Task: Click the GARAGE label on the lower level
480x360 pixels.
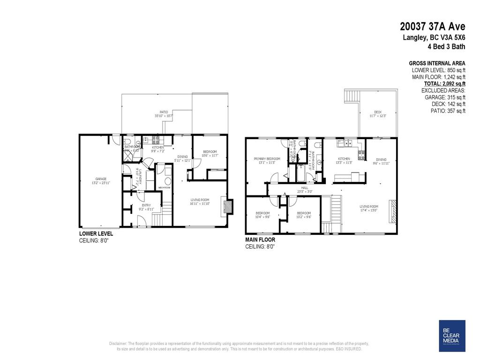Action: point(101,179)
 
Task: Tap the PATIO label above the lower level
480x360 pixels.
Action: point(164,112)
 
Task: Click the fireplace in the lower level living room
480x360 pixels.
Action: point(229,207)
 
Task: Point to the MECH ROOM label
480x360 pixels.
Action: point(164,187)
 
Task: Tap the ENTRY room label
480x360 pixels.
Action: point(147,205)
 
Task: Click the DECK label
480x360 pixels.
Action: point(378,112)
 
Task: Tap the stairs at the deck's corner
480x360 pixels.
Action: point(351,97)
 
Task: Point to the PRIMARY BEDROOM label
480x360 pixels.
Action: point(267,159)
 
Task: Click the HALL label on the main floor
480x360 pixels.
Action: point(304,187)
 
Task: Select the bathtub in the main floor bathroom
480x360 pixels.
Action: point(300,174)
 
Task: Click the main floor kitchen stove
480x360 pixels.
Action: point(361,155)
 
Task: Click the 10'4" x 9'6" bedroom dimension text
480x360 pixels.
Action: point(262,217)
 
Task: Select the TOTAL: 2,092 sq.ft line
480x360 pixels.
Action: point(438,83)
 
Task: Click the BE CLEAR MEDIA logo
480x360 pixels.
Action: point(452,336)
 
